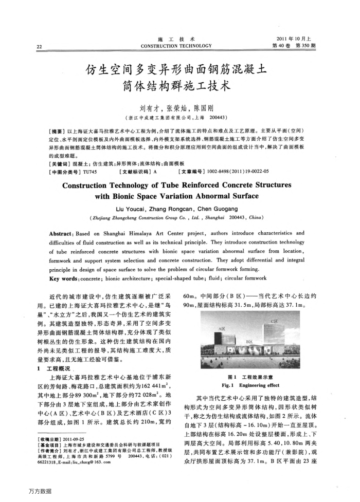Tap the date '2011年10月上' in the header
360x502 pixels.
pyautogui.click(x=296, y=39)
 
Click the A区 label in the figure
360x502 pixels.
pyautogui.click(x=223, y=328)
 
